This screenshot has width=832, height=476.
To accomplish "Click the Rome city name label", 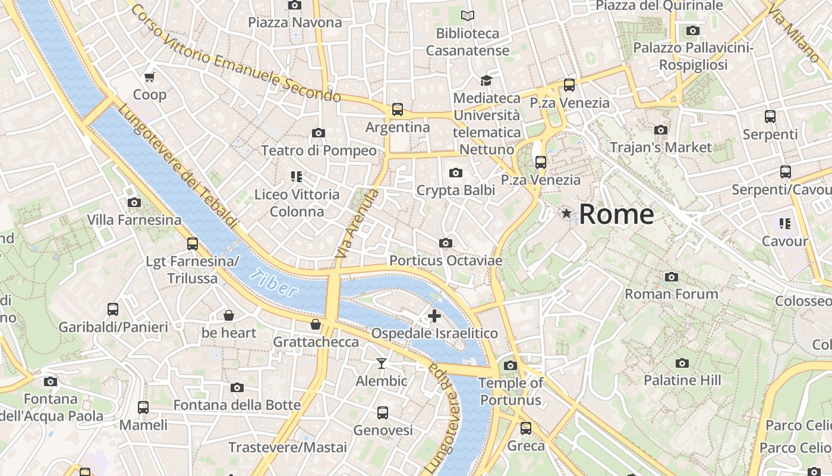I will (616, 214).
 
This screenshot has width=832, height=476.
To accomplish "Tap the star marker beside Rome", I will (567, 213).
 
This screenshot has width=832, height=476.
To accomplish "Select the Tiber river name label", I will (273, 283).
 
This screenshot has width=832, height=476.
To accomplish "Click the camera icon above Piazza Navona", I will (294, 5).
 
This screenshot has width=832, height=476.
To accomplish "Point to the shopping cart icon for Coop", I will (149, 77).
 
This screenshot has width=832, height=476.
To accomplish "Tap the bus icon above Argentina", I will (397, 109).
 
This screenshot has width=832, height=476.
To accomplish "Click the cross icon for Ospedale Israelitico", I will (434, 316).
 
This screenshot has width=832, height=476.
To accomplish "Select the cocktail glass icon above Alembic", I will (381, 363).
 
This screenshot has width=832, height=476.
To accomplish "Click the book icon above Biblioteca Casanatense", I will (468, 15).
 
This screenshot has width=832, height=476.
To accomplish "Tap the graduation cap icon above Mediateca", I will (486, 80).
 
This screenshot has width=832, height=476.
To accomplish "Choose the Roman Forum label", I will (671, 294).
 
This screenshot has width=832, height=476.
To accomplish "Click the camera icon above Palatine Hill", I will (682, 363).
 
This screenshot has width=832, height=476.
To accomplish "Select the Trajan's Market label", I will (660, 147).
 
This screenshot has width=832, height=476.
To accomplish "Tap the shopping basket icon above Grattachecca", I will (316, 324).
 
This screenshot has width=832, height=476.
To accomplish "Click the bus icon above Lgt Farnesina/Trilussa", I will (192, 243).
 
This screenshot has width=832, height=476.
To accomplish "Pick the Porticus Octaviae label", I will (446, 261).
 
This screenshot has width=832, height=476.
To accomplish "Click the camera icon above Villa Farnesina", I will (134, 202).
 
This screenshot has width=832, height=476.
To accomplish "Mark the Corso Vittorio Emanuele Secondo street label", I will (235, 54).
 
